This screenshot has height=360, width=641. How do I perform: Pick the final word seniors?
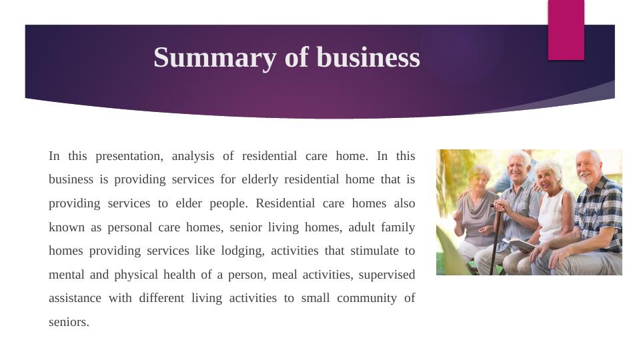[69, 322]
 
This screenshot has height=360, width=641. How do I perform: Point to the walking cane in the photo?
[495, 240]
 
